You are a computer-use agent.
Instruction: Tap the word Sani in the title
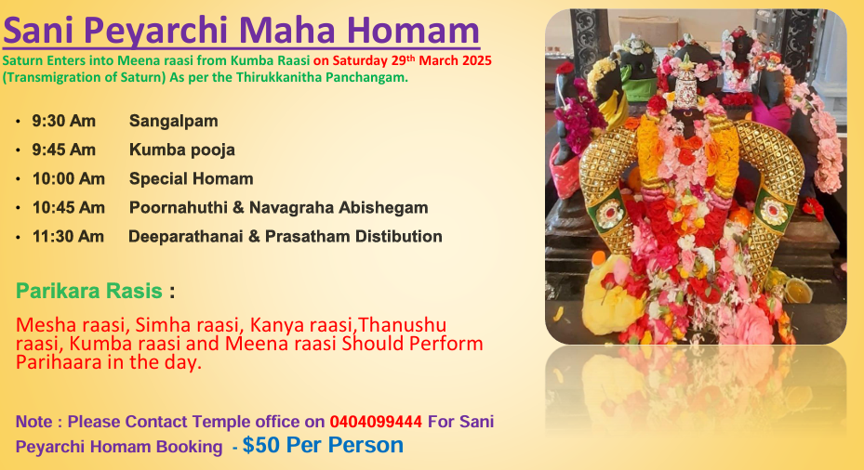(38, 30)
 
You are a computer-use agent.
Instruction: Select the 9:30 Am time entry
(63, 121)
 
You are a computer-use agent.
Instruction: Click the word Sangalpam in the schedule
(174, 122)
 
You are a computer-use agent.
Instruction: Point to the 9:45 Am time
(63, 150)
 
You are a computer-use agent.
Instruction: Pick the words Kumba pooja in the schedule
(182, 150)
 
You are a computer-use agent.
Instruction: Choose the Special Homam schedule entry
(192, 179)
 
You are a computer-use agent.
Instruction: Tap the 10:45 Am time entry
(68, 207)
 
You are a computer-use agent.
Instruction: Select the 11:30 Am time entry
(68, 237)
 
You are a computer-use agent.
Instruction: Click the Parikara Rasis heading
(88, 291)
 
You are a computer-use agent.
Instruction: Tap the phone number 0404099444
(376, 422)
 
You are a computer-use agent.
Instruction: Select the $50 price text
(260, 445)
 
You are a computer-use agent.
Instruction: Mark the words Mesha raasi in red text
(73, 325)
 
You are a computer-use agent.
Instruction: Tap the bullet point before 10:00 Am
(19, 179)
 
